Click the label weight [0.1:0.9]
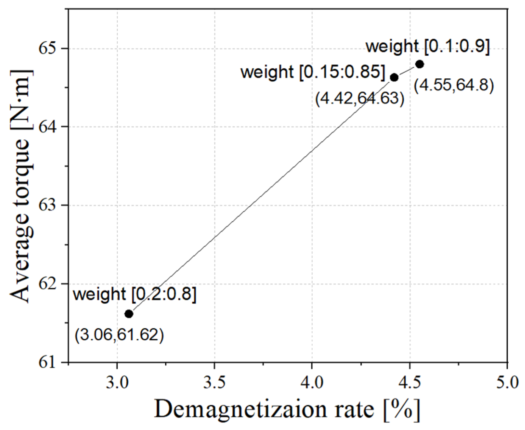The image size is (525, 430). [x=427, y=47]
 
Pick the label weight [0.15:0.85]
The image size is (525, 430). [x=313, y=72]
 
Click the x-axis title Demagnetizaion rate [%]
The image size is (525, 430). [x=287, y=410]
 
